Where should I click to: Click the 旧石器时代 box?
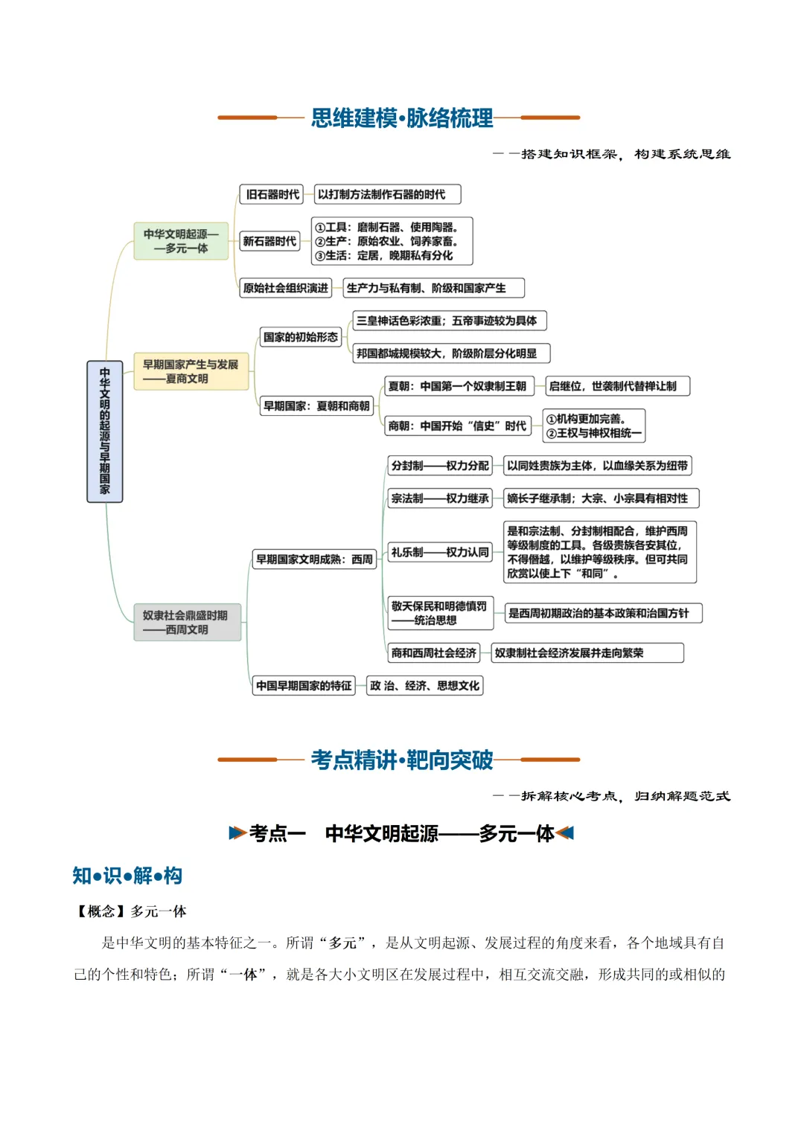[271, 194]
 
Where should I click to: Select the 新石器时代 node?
[269, 241]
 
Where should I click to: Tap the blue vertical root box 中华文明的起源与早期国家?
[104, 431]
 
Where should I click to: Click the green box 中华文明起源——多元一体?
[181, 241]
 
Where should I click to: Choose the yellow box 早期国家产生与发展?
[191, 371]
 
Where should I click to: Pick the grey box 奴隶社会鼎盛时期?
[188, 622]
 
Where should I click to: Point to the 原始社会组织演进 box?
[285, 288]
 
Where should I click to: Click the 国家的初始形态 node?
[301, 337]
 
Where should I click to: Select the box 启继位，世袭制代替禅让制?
[617, 386]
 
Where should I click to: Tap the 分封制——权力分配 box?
[439, 466]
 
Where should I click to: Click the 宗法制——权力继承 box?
[439, 498]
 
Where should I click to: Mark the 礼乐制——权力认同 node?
[439, 552]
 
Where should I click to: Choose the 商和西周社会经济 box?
[433, 652]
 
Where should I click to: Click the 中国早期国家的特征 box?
[304, 686]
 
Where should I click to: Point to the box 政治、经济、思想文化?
[424, 686]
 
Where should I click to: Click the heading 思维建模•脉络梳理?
[401, 118]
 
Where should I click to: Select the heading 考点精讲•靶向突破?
[401, 760]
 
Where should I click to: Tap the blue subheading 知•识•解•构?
[127, 876]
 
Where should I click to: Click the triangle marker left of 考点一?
[237, 832]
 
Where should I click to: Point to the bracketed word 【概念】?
[101, 911]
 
